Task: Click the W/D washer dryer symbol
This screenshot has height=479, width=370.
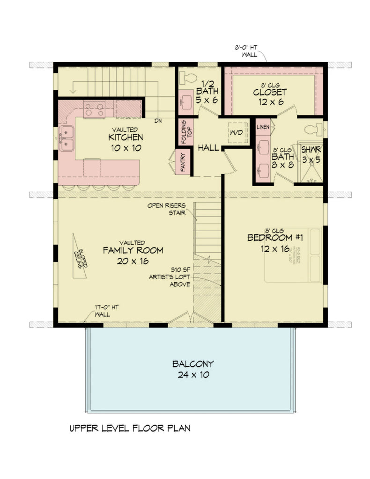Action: click(x=237, y=133)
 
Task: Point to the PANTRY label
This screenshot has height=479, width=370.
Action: click(x=183, y=162)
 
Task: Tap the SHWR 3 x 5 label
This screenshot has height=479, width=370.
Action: click(x=310, y=154)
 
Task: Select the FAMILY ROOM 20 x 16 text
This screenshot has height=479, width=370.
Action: click(x=133, y=255)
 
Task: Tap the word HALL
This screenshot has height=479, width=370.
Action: click(x=208, y=148)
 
